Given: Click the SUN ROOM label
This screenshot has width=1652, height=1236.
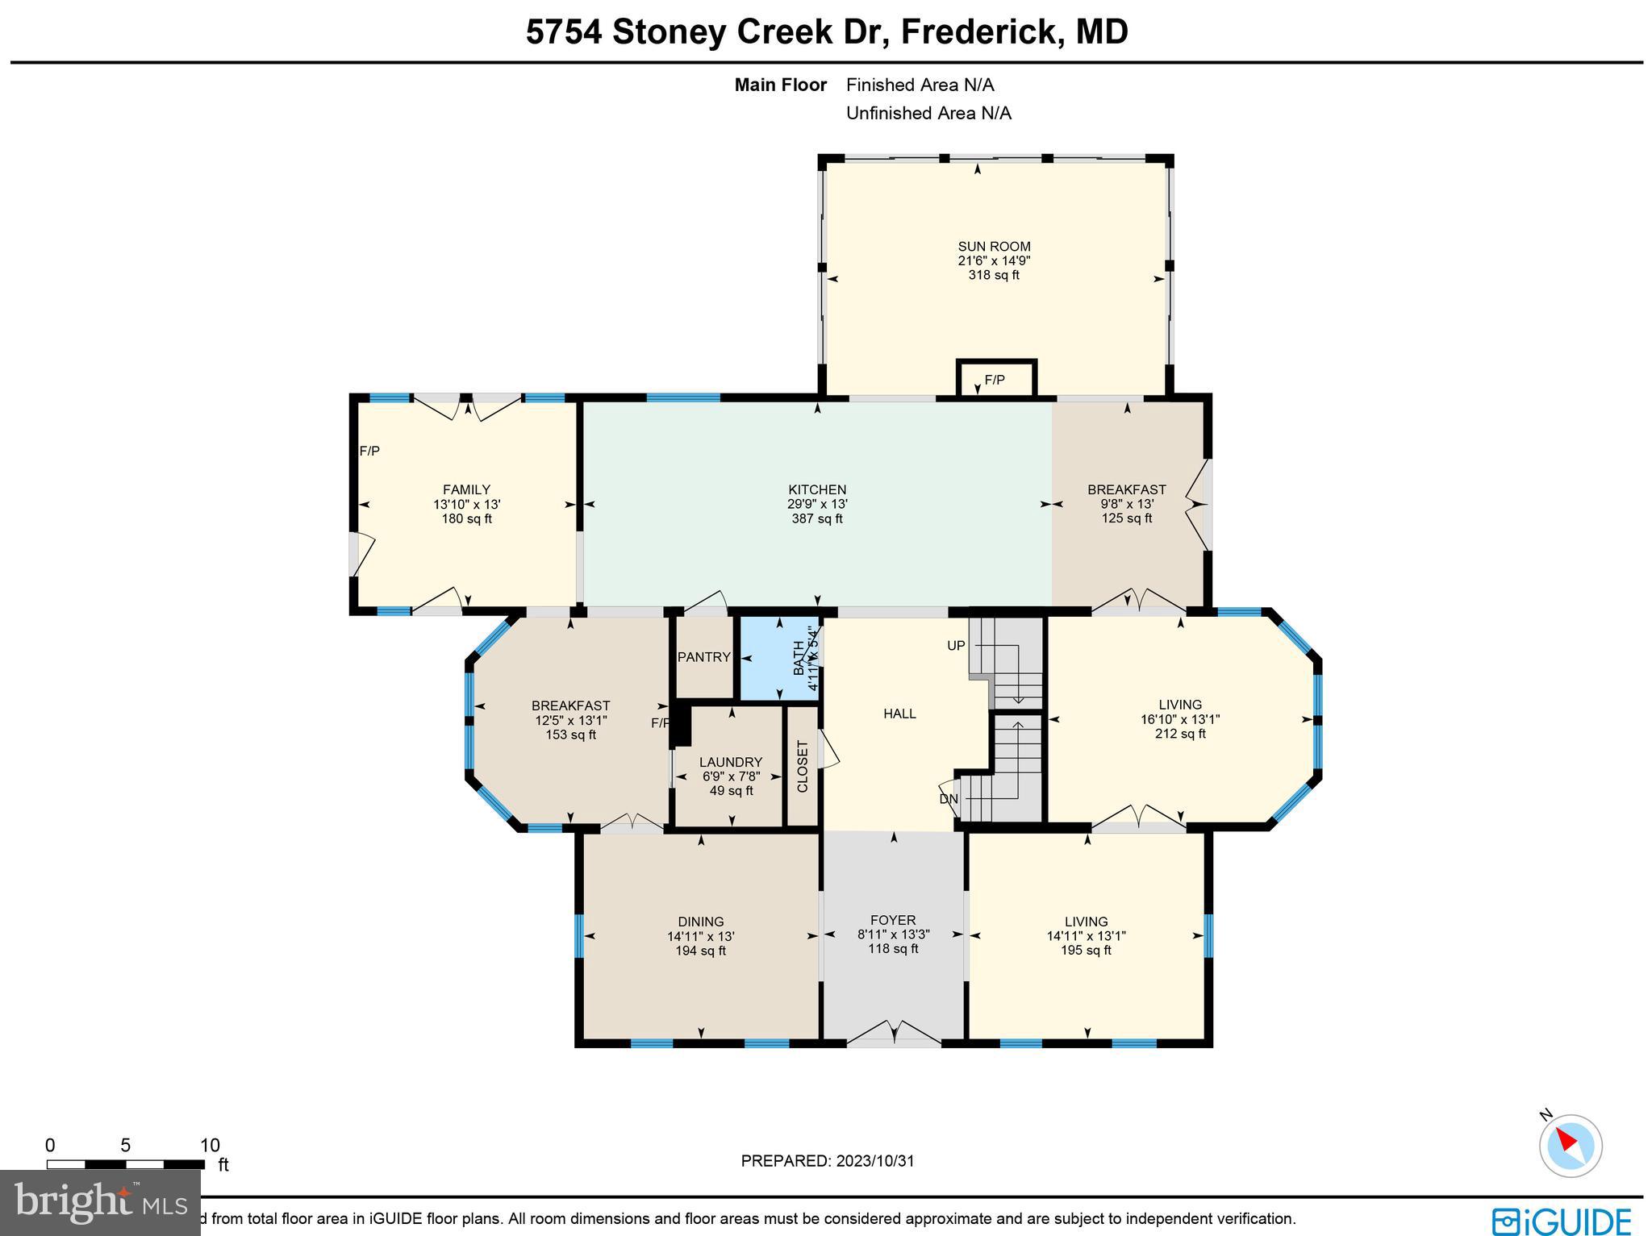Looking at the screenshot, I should tap(994, 247).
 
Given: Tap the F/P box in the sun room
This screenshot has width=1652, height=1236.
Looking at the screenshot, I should tap(995, 380).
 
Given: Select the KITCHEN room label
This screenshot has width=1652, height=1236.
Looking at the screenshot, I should tap(817, 489).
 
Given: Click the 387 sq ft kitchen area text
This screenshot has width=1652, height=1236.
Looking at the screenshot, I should tap(817, 518).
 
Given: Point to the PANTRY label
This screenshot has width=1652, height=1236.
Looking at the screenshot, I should tap(703, 657).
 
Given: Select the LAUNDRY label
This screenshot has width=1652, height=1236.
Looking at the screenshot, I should tap(730, 762).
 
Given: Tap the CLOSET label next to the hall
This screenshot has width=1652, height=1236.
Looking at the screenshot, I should tap(803, 767).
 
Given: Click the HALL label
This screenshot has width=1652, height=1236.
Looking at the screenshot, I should tap(899, 714).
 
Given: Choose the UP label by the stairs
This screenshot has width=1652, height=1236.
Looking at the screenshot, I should tap(956, 646).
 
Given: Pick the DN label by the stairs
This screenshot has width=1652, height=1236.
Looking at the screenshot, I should tap(949, 799).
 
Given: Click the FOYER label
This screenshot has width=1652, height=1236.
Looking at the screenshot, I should tap(893, 920).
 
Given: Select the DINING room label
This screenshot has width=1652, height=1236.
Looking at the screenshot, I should tap(700, 922).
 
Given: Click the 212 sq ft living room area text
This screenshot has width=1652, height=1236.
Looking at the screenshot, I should tap(1180, 734).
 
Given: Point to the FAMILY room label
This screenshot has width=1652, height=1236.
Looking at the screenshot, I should tap(466, 489).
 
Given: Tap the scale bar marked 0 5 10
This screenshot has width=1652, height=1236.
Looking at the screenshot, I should tap(126, 1164).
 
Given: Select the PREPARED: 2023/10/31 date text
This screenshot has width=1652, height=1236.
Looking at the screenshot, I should tap(828, 1161).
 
